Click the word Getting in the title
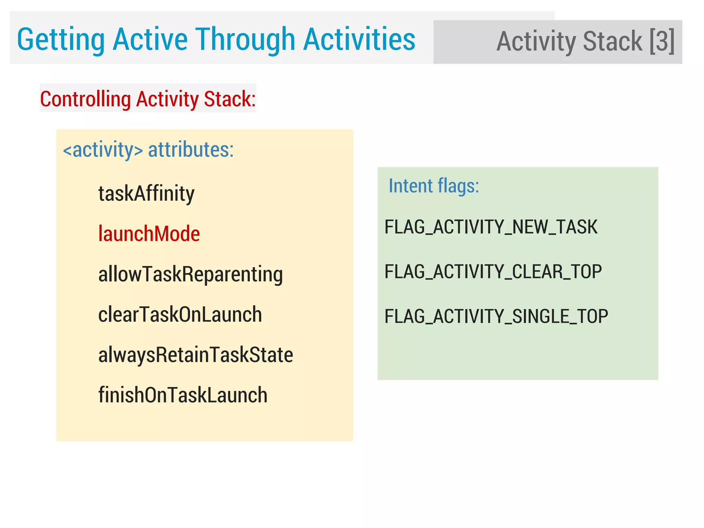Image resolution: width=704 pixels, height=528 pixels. (61, 40)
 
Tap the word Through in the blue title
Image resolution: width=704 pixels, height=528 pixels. (245, 40)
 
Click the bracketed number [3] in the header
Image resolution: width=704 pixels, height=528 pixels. (662, 41)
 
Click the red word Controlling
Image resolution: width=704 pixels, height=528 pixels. (86, 99)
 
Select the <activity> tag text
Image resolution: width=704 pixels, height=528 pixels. (103, 150)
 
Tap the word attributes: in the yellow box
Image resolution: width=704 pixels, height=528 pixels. (191, 150)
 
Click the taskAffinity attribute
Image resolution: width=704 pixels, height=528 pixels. (146, 194)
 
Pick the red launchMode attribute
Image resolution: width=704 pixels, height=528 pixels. (149, 234)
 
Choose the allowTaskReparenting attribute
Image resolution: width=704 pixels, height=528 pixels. (190, 274)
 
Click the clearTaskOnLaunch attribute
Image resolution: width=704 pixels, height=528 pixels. (180, 314)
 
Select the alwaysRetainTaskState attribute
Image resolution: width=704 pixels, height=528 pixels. (196, 355)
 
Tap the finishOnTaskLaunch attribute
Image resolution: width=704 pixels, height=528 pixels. (183, 395)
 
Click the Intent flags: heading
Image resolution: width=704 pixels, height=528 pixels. (433, 186)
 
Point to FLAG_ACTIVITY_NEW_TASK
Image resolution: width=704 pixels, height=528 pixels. (491, 227)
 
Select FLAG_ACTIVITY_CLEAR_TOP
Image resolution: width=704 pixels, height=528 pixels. (493, 272)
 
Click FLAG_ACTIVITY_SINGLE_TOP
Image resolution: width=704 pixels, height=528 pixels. (496, 316)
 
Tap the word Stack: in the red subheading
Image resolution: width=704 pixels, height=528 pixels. (230, 99)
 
